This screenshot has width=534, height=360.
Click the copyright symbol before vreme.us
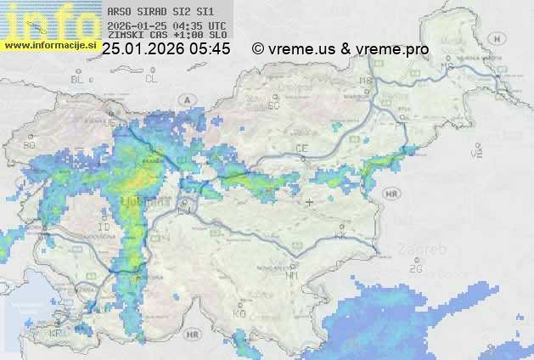pos(259,49)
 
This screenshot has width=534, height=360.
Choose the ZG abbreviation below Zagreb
pos(415,269)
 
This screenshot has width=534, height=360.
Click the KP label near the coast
pos(56,333)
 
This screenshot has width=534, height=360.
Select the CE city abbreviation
pos(301,149)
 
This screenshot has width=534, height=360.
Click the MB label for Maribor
pos(367,81)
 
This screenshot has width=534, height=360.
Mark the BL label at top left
pos(78,79)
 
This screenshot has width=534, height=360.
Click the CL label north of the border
pos(152,79)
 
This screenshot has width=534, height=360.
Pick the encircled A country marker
pos(185,99)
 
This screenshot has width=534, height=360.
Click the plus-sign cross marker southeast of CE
pos(310,202)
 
